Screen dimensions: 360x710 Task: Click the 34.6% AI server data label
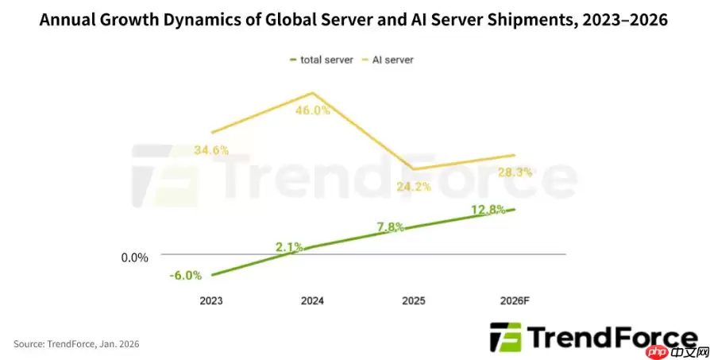pos(210,149)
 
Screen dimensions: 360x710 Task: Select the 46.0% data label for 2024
pos(312,110)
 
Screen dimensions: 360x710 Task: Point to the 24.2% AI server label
pos(414,187)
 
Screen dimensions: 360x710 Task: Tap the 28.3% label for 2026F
pos(515,172)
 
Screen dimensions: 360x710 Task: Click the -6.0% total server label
pos(185,275)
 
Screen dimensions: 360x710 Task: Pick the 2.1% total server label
pos(289,247)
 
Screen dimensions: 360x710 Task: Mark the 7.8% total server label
pos(391,226)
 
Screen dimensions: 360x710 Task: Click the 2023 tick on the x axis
pos(211,301)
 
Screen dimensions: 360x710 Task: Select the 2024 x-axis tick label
pos(312,301)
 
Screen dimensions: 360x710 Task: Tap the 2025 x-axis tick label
pos(414,301)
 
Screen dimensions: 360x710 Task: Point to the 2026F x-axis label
pos(515,301)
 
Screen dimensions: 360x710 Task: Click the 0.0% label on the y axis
pos(135,257)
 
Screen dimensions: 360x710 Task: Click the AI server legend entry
pos(392,59)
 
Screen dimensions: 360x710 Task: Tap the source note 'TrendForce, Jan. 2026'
pos(76,343)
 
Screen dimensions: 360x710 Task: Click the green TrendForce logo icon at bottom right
pos(505,338)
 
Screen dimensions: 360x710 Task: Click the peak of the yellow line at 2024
pos(312,93)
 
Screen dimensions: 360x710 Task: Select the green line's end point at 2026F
pos(515,209)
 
